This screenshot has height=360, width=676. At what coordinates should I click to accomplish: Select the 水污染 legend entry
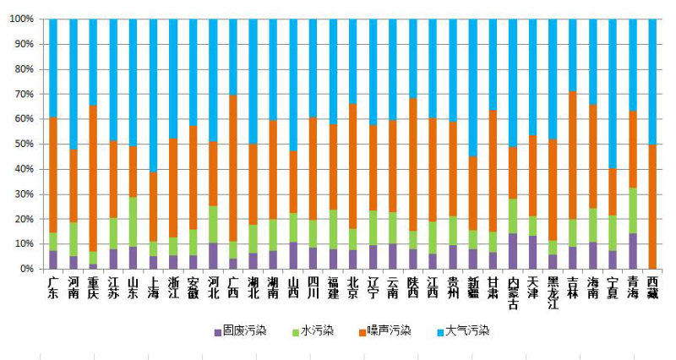(x=318, y=330)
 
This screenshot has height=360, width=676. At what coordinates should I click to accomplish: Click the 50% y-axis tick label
(x=23, y=144)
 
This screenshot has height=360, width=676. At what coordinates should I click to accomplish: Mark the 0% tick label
(x=25, y=269)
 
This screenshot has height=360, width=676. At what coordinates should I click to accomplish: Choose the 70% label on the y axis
(x=23, y=94)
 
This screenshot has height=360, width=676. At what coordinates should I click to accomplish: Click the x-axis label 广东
(x=53, y=286)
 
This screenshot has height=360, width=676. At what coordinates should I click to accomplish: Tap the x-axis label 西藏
(x=652, y=286)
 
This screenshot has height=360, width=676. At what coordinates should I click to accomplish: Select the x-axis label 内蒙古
(x=513, y=292)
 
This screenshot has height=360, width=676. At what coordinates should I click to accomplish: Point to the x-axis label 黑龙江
(x=553, y=292)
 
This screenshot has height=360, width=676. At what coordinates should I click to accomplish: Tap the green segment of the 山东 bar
(x=133, y=221)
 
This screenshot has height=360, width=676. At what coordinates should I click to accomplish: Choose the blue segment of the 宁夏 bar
(x=613, y=93)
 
